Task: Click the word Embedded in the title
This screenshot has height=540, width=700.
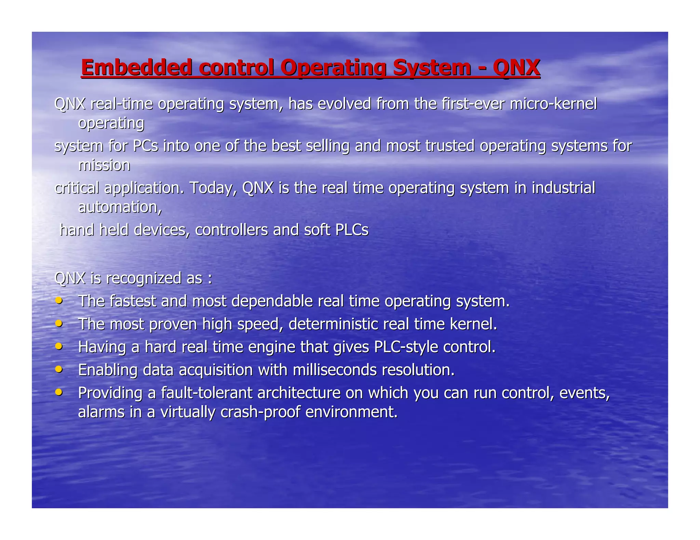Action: click(x=136, y=67)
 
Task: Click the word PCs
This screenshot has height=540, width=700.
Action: click(x=145, y=146)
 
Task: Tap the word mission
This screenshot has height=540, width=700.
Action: click(x=104, y=165)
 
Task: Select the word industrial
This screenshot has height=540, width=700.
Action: click(x=563, y=188)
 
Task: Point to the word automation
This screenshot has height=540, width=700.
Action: click(x=120, y=207)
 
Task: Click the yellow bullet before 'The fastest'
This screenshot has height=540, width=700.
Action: click(x=59, y=300)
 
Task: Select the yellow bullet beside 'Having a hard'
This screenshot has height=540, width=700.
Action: click(x=59, y=346)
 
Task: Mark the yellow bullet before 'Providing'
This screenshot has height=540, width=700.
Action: click(x=59, y=392)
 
